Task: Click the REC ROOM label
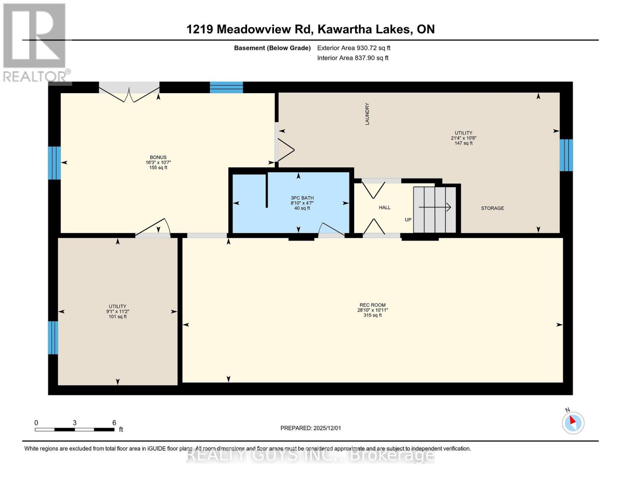[372, 305]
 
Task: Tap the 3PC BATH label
[302, 198]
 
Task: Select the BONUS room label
[158, 157]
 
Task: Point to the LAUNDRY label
[367, 114]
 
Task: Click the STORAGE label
[492, 208]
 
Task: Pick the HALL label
[384, 208]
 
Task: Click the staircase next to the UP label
[434, 209]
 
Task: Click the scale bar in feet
[74, 429]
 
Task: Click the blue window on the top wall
[226, 87]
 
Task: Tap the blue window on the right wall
[566, 155]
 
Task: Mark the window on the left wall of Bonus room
[54, 163]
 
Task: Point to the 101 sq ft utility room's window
[53, 338]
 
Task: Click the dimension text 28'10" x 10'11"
[372, 310]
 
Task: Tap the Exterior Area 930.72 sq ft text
[353, 48]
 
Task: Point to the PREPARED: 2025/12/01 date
[310, 428]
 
